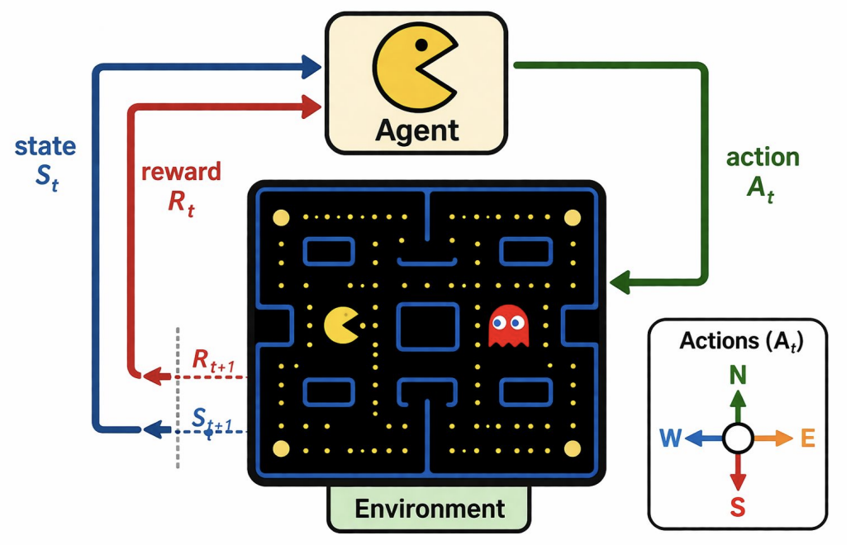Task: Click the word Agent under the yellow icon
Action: [416, 130]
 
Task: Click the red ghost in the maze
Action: [508, 326]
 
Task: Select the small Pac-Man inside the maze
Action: [341, 325]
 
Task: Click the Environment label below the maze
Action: [429, 508]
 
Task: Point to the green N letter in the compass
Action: [738, 377]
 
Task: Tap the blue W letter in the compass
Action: [670, 439]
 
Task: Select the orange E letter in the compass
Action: [807, 439]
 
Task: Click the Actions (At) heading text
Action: [741, 341]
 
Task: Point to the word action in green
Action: [762, 158]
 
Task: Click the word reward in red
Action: [181, 172]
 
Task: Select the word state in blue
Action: [46, 147]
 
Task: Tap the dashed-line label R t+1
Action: [212, 360]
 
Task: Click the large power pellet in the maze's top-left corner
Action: [281, 219]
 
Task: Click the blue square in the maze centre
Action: [427, 326]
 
